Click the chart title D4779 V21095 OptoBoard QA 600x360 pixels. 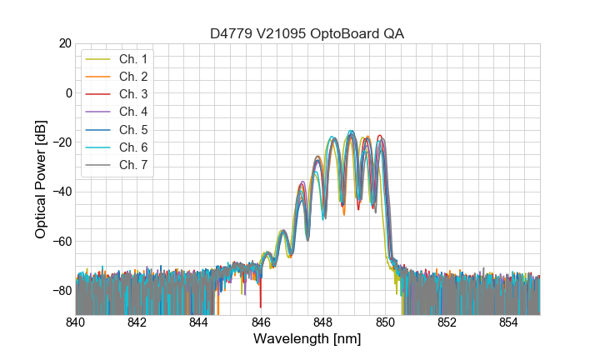tap(307, 33)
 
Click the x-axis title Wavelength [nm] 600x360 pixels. tap(307, 340)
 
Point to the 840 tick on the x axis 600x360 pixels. tap(76, 322)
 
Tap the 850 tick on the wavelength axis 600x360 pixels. tap(385, 322)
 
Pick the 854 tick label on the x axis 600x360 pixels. tap(509, 322)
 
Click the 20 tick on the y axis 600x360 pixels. tap(64, 43)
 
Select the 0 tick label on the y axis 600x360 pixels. tap(67, 92)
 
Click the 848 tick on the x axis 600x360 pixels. tap(323, 322)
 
